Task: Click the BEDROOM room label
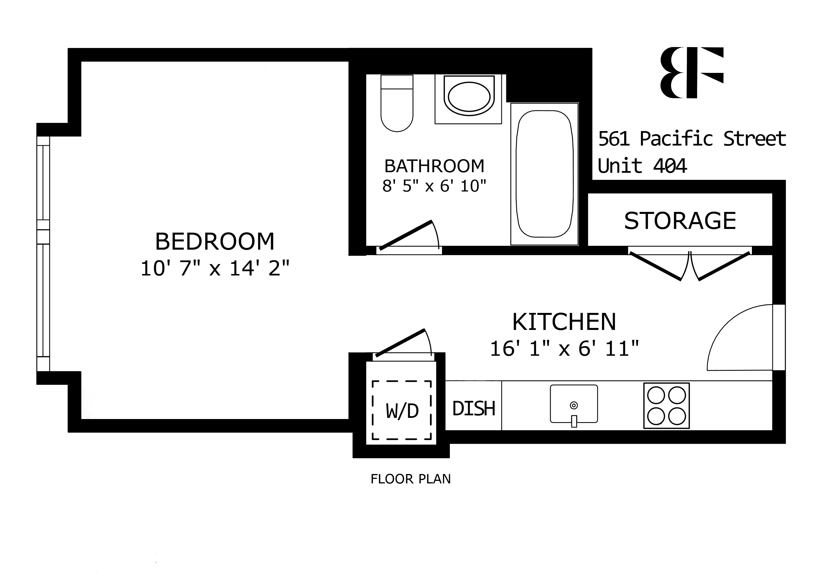point(215,242)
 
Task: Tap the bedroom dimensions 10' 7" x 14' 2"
point(215,268)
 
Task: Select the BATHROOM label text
point(434,166)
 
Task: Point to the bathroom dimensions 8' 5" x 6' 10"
point(434,186)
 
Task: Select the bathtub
point(544,174)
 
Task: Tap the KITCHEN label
point(564,322)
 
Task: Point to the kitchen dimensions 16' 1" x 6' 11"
point(564,348)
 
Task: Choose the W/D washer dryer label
point(402,411)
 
